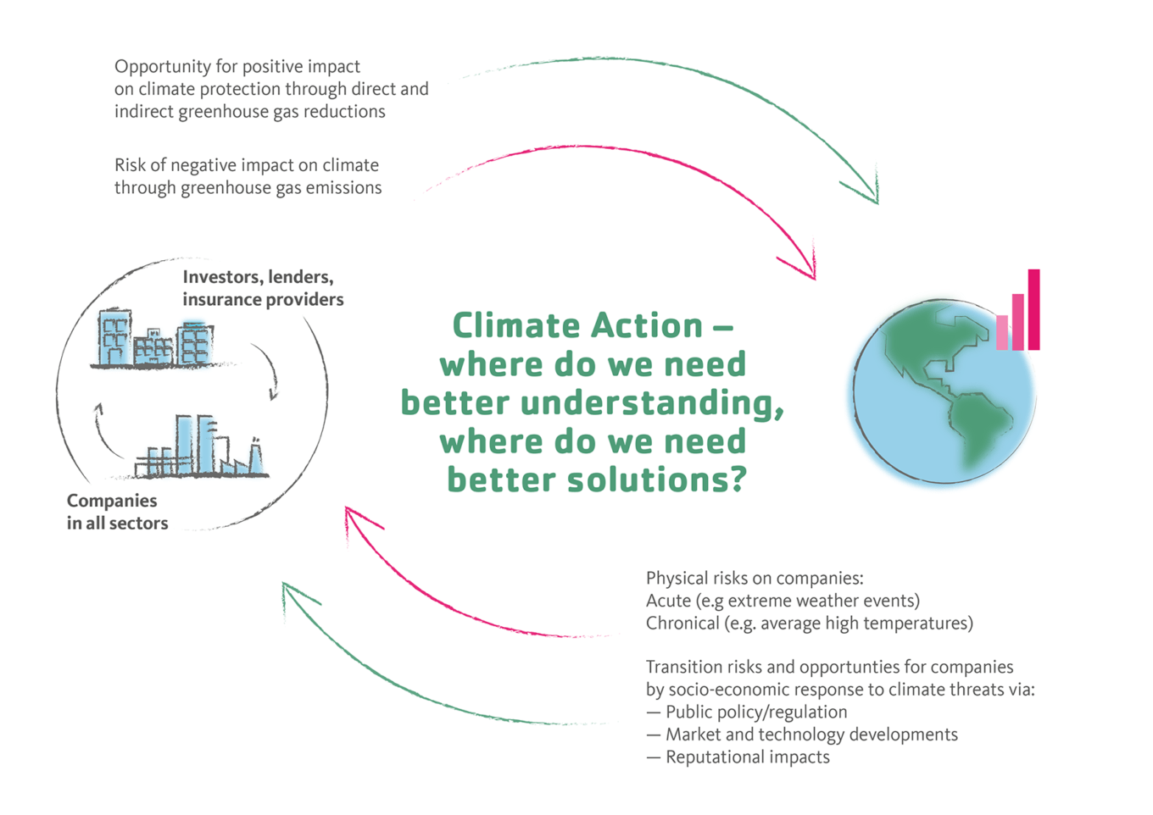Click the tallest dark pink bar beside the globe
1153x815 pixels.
coord(1033,309)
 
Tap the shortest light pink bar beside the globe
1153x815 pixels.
coord(1002,332)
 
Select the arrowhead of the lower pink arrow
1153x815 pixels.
coord(354,518)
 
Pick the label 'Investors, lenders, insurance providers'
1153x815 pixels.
coord(263,288)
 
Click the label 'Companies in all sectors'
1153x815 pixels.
coord(117,512)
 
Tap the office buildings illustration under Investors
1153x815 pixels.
coord(154,341)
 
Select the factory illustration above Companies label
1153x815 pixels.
coord(202,447)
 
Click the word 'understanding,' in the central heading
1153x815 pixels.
coord(652,403)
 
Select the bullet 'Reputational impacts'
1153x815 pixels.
coord(747,757)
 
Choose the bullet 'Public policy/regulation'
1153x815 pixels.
coord(755,712)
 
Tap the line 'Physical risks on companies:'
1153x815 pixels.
coord(755,578)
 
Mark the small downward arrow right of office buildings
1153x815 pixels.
coord(269,371)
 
